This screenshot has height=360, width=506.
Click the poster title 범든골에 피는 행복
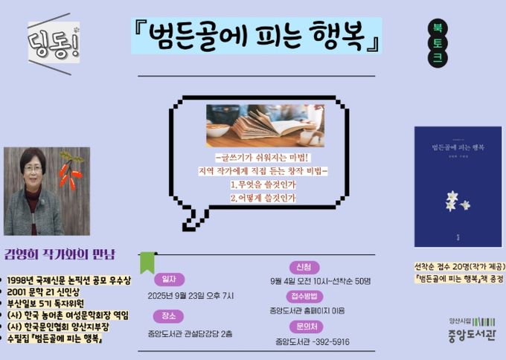coord(257,36)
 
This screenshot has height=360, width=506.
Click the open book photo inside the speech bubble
coord(265,125)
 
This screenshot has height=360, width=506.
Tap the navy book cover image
coord(447,186)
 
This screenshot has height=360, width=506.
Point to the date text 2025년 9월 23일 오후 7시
coord(191,296)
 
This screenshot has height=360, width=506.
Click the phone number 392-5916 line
coord(313,342)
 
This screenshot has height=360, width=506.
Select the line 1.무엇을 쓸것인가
coord(263,183)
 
